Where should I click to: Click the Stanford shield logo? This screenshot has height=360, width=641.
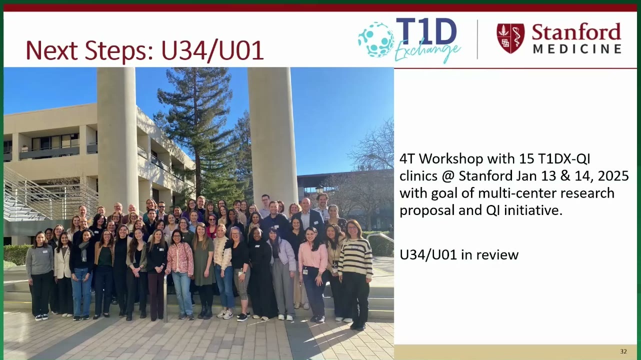click(510, 38)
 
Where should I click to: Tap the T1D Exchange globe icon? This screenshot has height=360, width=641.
click(376, 39)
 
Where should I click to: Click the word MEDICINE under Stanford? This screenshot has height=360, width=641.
click(577, 49)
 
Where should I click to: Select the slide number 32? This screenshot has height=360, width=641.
click(623, 351)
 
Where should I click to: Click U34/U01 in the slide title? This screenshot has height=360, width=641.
click(212, 50)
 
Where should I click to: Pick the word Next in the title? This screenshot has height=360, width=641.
click(52, 50)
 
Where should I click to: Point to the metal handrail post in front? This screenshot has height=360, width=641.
click(165, 298)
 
